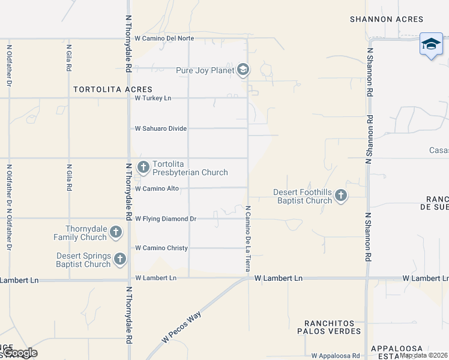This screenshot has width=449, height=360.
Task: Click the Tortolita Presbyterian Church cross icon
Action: pyautogui.click(x=143, y=167)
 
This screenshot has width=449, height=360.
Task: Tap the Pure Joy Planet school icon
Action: pyautogui.click(x=243, y=70)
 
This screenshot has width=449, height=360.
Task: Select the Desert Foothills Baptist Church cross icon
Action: pyautogui.click(x=341, y=195)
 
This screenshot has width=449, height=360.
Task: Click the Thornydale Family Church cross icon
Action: pyautogui.click(x=116, y=232)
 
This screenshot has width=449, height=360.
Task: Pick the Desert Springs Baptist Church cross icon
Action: pyautogui.click(x=120, y=259)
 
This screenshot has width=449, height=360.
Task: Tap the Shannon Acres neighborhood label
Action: pyautogui.click(x=387, y=19)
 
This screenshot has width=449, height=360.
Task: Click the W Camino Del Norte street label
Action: pyautogui.click(x=164, y=38)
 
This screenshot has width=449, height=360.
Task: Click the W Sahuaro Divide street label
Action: pyautogui.click(x=160, y=128)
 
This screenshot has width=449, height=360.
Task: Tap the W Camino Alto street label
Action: pyautogui.click(x=157, y=188)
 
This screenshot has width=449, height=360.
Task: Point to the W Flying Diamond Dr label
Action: pyautogui.click(x=166, y=219)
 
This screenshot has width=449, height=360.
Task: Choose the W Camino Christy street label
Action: pyautogui.click(x=161, y=248)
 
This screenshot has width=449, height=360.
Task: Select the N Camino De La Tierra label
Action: pyautogui.click(x=247, y=238)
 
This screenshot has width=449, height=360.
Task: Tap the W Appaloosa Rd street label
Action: pyautogui.click(x=336, y=355)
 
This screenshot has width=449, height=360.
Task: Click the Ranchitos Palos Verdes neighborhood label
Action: pyautogui.click(x=333, y=327)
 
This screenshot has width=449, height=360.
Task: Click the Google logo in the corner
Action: pyautogui.click(x=20, y=353)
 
